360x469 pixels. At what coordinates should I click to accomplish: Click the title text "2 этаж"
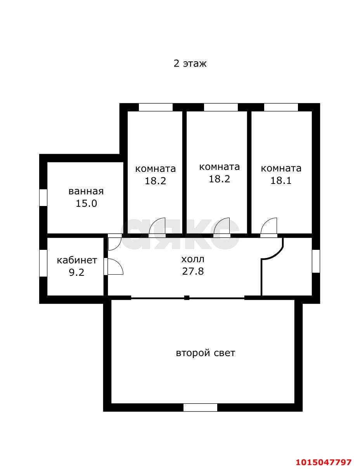pos(190,63)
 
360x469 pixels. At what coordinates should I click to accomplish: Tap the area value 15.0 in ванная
pos(86,203)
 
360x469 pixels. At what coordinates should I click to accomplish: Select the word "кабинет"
pos(77,260)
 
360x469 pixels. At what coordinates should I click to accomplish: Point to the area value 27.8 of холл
pos(193,271)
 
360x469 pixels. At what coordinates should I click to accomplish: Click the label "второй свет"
pos(205,353)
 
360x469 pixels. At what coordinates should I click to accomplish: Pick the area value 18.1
pos(280,180)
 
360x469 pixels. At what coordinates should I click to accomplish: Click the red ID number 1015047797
pos(324,462)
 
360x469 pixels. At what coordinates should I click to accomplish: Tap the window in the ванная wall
pos(43,197)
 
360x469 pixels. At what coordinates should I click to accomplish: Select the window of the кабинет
pos(43,263)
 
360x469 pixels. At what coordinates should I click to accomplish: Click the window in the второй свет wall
pos(200,407)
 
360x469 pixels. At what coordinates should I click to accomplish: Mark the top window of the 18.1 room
pos(281,107)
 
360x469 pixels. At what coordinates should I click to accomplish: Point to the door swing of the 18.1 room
pos(269,227)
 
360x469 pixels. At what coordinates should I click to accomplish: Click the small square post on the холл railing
pos(187,298)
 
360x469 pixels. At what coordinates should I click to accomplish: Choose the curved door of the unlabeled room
pos(274,250)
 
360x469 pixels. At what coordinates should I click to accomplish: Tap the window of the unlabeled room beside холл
pos(316,261)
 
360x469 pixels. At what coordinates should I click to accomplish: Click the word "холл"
pos(192,259)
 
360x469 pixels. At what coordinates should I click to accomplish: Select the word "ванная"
pos(86,191)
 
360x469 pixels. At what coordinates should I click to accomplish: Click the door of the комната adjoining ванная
pos(157,227)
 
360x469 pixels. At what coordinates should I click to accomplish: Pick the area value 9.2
pos(76,272)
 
